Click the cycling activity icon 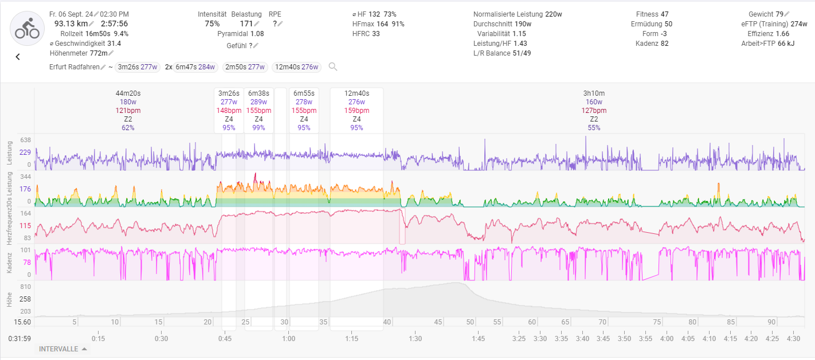click(27, 29)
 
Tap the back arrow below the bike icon click(18, 57)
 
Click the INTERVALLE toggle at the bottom click(63, 349)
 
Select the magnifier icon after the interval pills click(332, 67)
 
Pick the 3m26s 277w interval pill click(136, 67)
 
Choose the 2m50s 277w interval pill click(245, 67)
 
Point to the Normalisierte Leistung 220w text click(518, 14)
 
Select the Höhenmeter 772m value click(79, 53)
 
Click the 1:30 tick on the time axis click(415, 338)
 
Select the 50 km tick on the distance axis click(470, 322)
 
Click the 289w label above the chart click(258, 102)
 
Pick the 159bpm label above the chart click(356, 111)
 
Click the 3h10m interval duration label click(594, 93)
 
